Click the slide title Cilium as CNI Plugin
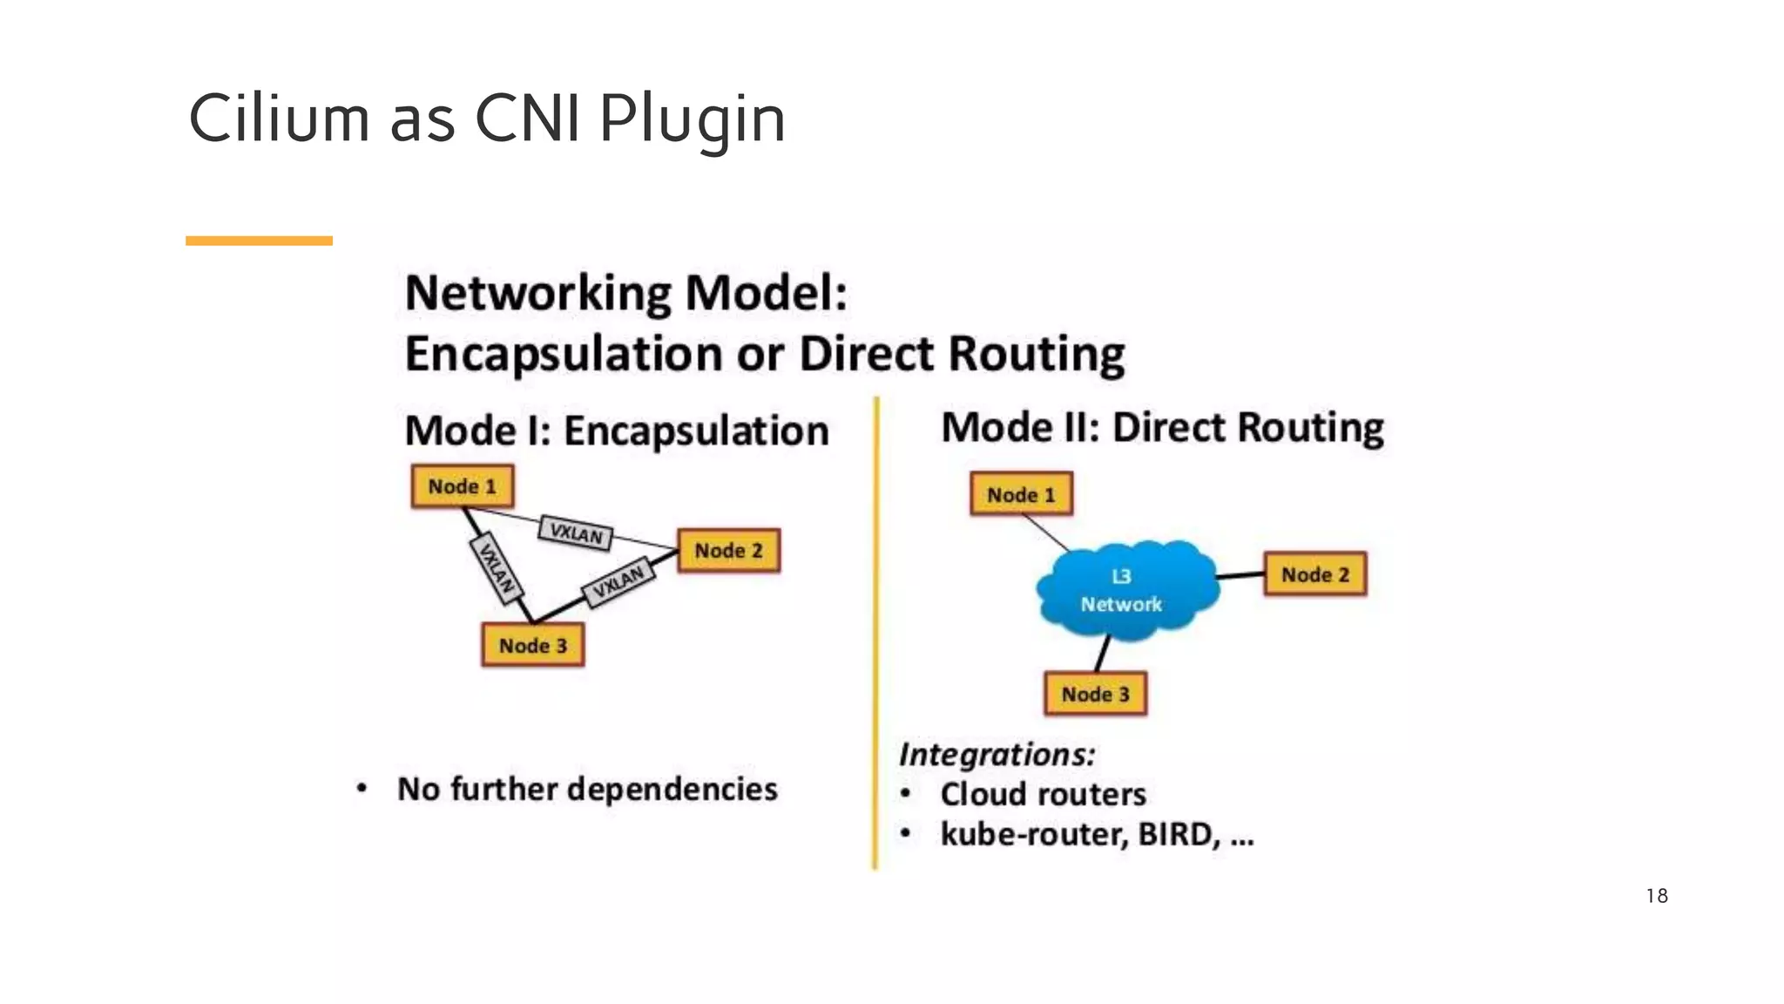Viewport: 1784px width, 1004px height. pyautogui.click(x=487, y=119)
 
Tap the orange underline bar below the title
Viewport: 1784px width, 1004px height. pyautogui.click(x=259, y=241)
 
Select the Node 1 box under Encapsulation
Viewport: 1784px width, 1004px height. pyautogui.click(x=462, y=486)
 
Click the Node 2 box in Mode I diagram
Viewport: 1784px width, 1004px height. pyautogui.click(x=728, y=551)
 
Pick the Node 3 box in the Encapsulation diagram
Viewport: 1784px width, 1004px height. pyautogui.click(x=532, y=646)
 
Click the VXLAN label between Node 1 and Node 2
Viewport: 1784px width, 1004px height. pyautogui.click(x=575, y=533)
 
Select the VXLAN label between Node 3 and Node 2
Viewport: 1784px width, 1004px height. pyautogui.click(x=619, y=582)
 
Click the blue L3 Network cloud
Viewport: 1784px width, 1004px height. pyautogui.click(x=1124, y=590)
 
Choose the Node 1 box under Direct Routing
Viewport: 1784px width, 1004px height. pyautogui.click(x=1021, y=495)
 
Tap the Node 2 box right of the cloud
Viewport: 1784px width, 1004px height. pyautogui.click(x=1314, y=575)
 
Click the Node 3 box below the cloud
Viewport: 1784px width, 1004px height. pyautogui.click(x=1095, y=695)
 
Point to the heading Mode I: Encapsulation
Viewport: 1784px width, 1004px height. pyautogui.click(x=616, y=431)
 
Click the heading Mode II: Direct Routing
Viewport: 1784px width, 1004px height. pyautogui.click(x=1162, y=428)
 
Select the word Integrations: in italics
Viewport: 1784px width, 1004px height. pyautogui.click(x=997, y=754)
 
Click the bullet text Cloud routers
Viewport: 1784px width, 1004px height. pyautogui.click(x=1043, y=795)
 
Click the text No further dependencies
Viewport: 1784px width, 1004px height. pyautogui.click(x=587, y=790)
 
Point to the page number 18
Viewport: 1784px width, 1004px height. pyautogui.click(x=1656, y=896)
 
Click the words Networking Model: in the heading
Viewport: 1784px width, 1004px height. pyautogui.click(x=625, y=293)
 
